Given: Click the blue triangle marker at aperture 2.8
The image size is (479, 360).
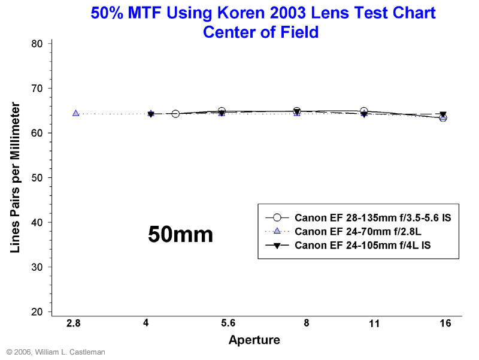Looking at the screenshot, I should click(x=75, y=113).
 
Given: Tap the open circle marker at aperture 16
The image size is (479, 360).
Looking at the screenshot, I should click(x=443, y=117).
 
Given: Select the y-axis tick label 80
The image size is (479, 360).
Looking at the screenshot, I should click(x=37, y=44).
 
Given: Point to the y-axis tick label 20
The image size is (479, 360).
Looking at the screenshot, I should click(x=37, y=312).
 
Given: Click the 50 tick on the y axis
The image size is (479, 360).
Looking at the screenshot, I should click(x=37, y=178).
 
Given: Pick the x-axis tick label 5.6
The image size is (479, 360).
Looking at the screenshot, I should click(x=228, y=323).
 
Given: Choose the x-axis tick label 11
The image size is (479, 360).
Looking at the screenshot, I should click(x=374, y=323).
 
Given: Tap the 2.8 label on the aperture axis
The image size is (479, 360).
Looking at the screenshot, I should click(x=74, y=323).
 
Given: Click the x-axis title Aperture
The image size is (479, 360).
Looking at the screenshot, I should click(x=254, y=340).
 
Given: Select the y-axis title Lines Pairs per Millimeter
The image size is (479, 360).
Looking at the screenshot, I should click(x=16, y=177).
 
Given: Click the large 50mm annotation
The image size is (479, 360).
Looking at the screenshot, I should click(x=180, y=234).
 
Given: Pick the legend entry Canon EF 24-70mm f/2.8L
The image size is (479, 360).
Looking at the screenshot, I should click(x=348, y=231).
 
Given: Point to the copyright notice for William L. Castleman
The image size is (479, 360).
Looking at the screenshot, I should click(x=56, y=352).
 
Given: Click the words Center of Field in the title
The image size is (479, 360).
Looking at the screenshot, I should click(x=260, y=32).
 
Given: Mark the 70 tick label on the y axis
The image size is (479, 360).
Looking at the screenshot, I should click(x=37, y=89).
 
